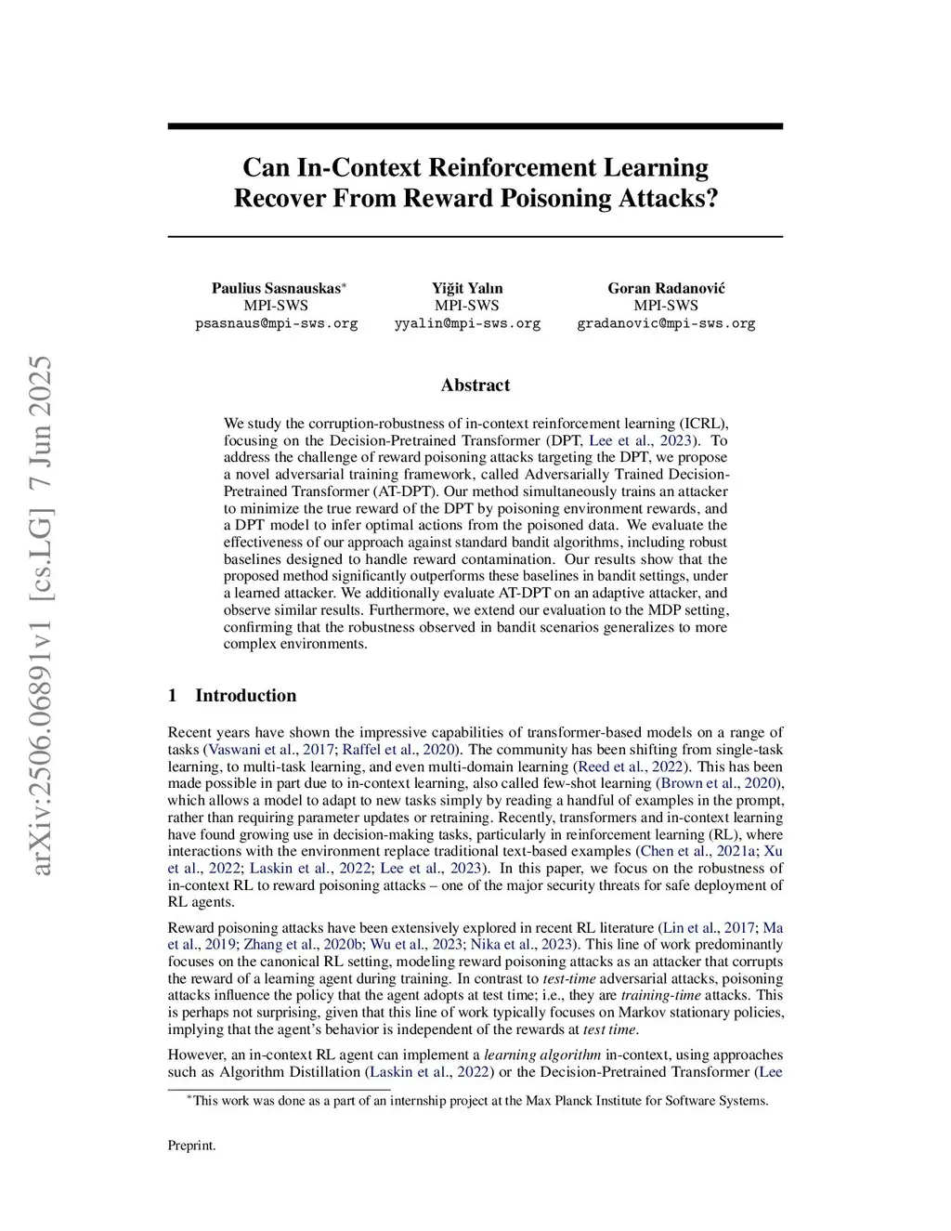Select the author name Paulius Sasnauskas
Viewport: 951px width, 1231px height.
tap(276, 288)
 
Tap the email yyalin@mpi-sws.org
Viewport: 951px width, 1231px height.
tap(467, 323)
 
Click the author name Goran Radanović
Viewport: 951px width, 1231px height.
tap(666, 288)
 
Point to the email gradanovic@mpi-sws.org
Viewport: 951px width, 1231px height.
tap(666, 323)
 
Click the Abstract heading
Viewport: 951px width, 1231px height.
tap(475, 385)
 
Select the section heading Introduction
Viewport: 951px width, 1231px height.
tap(245, 696)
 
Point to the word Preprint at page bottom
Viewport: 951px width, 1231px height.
tap(191, 1146)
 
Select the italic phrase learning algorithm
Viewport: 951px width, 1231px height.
tap(542, 1054)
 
